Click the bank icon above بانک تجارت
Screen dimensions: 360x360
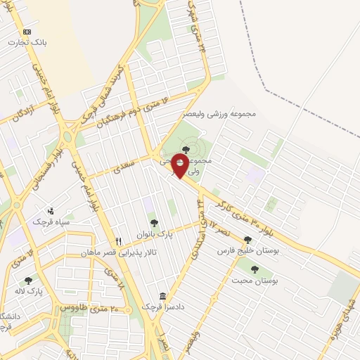click(27, 32)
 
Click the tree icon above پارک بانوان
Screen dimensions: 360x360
click(153, 222)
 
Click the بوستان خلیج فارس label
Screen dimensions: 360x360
click(245, 250)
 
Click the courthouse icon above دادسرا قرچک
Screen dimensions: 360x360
click(163, 295)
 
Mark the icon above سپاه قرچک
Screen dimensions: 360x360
click(50, 210)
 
